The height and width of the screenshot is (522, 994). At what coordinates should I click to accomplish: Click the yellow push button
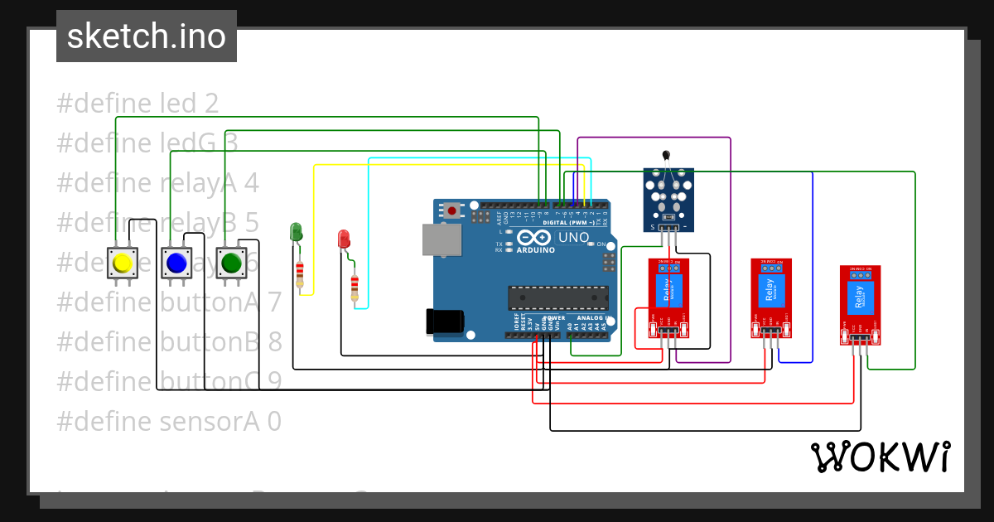point(122,263)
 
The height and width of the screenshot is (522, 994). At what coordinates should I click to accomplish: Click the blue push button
point(176,263)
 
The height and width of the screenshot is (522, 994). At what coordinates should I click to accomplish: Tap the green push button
point(230,263)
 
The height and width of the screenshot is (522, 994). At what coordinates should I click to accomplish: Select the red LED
point(344,239)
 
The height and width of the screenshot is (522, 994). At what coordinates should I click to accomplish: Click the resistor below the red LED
point(355,288)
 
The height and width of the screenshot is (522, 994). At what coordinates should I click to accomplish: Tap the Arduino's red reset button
point(451,211)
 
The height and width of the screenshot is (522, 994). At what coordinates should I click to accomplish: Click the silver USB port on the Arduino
point(439,239)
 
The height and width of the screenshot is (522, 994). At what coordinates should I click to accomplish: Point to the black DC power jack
point(442,321)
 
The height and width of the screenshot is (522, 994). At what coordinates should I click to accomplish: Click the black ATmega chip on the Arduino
point(557,297)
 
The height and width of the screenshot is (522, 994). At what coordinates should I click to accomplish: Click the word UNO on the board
point(573,238)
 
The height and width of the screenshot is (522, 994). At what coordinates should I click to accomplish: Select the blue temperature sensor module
point(669,200)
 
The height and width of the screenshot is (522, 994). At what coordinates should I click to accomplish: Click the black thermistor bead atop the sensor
point(666,154)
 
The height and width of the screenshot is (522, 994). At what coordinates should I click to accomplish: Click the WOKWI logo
point(880,457)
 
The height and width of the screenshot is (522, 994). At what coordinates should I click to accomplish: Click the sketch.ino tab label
point(147,36)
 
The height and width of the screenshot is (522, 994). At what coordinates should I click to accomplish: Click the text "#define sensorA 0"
point(169,422)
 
